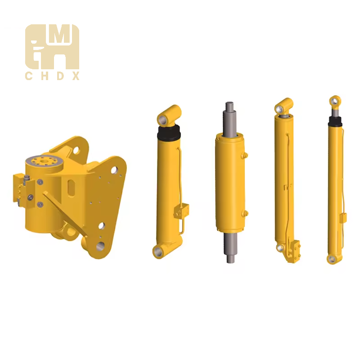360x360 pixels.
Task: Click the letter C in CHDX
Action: pos(28,76)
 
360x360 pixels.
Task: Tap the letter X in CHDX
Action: pos(76,76)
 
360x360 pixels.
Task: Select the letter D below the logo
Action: pos(59,76)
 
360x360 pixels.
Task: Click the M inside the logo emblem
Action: pos(60,38)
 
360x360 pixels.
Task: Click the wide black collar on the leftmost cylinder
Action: pos(169,132)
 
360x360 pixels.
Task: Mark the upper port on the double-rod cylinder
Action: pos(245,156)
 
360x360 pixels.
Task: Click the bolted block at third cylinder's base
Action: pos(295,250)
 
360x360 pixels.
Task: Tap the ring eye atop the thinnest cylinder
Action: pos(335,101)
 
